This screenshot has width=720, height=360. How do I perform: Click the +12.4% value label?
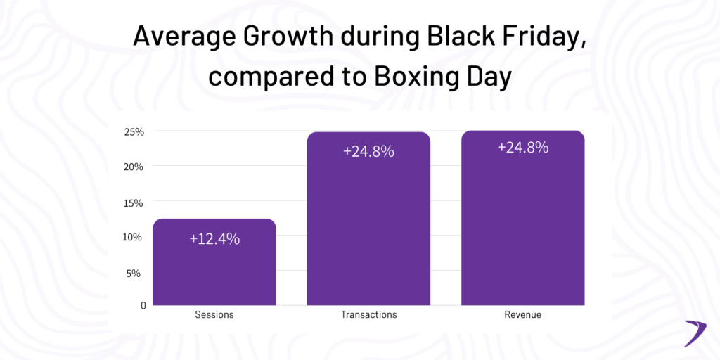pos(214,239)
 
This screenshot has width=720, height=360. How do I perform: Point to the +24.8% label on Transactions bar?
pos(368,151)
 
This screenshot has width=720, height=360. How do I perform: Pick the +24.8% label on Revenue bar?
pos(522,148)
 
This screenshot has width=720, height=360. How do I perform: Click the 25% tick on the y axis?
pos(134,131)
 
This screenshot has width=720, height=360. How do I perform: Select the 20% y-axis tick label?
pos(134,167)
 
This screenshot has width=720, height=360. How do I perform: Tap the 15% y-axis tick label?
pos(134,202)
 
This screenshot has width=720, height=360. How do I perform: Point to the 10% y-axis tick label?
pos(134,237)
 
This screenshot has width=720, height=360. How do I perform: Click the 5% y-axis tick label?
pos(136,273)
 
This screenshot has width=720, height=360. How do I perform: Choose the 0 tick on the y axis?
pos(143,306)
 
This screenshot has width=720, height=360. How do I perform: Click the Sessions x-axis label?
pos(214,315)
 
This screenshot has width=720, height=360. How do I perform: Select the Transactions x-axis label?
pos(368,315)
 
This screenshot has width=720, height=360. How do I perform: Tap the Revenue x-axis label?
pos(522,315)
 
